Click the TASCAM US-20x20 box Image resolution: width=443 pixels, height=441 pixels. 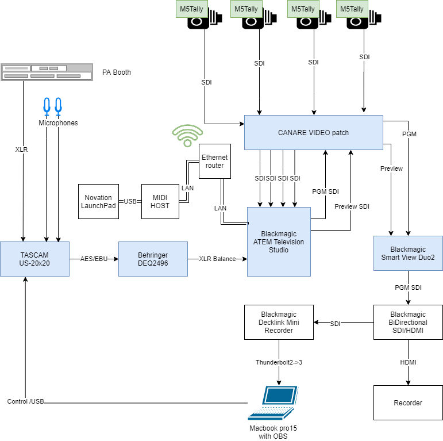34,259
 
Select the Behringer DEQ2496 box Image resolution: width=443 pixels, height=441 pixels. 153,259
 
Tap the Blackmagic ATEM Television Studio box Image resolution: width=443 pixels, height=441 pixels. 279,241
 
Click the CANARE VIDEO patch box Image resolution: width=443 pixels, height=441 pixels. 313,133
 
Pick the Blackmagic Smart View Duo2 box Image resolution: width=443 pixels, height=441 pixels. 408,254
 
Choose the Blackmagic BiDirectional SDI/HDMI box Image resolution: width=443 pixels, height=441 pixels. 408,323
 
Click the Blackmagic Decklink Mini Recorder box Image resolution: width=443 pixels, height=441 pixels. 279,323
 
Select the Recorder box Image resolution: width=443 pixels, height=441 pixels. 408,402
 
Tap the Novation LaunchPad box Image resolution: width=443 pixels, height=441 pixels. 98,201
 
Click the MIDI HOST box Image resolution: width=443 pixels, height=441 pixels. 160,201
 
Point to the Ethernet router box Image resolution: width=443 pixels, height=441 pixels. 215,161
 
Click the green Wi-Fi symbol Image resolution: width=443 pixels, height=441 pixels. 187,136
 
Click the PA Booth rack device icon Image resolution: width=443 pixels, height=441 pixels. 47,72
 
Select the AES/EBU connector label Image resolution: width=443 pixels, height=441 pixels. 93,259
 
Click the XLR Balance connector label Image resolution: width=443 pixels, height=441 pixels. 217,259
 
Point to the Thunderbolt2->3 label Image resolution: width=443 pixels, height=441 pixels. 279,362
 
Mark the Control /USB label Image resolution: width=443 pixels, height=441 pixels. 26,401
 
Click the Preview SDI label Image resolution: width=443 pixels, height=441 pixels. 352,206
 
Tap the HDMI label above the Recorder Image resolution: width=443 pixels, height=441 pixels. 408,362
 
